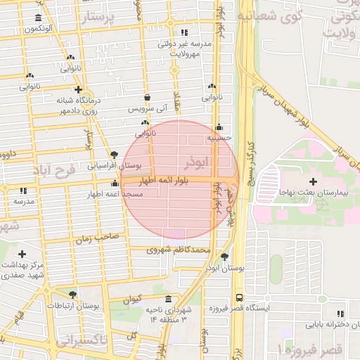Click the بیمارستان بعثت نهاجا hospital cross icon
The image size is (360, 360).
tap(313, 182)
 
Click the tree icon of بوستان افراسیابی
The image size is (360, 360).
tap(115, 155)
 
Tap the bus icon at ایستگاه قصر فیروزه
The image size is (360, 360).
tap(240, 297)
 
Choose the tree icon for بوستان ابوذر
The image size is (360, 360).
tap(224, 257)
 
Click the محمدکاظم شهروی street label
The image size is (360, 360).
tap(179, 250)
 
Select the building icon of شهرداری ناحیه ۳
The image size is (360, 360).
tap(167, 299)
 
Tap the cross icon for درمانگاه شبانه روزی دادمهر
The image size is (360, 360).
tap(78, 90)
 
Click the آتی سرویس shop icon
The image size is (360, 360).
tap(147, 98)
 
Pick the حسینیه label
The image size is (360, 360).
tap(219, 139)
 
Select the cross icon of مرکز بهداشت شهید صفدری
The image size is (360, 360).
tap(22, 253)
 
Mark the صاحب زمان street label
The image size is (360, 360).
tap(100, 238)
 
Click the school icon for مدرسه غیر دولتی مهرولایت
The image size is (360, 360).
tap(184, 32)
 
